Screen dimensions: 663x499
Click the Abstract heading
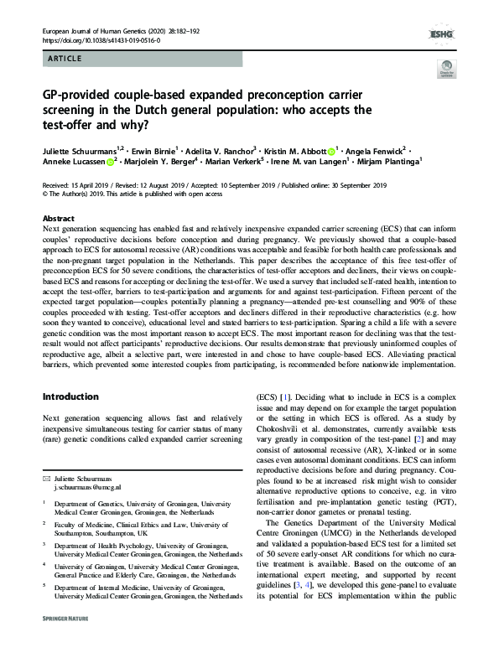pyautogui.click(x=58, y=217)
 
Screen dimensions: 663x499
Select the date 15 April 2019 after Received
pyautogui.click(x=97, y=185)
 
